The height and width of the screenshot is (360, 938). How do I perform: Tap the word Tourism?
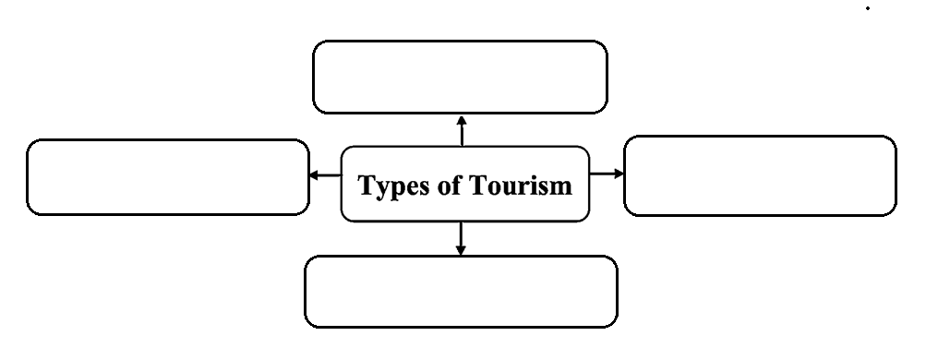coord(521,185)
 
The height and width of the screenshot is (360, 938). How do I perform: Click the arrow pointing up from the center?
coord(462,131)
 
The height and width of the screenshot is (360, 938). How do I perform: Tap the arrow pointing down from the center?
coord(460,238)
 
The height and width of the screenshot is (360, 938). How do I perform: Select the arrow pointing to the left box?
coord(325,175)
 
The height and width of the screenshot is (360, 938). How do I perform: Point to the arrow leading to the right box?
coord(607,174)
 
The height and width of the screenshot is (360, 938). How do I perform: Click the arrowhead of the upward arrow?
coord(462,120)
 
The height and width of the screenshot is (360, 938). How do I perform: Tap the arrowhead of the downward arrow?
coord(460,250)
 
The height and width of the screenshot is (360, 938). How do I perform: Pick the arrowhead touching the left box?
coord(314,175)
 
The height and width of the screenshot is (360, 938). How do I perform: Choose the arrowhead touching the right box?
coord(619,174)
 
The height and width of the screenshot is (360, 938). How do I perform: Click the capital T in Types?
coord(367,185)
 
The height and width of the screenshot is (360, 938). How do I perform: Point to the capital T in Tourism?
coord(478,185)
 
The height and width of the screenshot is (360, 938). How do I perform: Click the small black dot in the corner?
coord(868,8)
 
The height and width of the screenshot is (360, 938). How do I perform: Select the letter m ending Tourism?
coord(561,188)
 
